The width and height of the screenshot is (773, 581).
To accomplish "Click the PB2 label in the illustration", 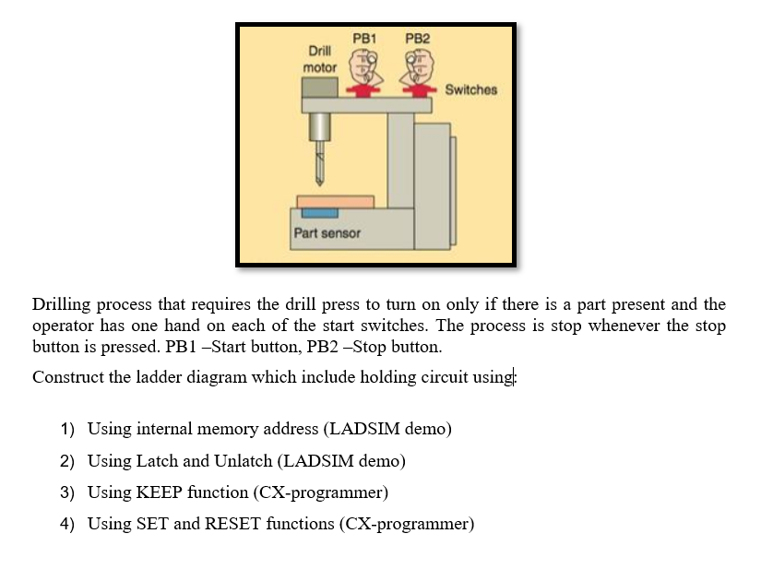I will (x=417, y=39).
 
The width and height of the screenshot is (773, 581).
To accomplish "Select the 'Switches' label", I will (x=470, y=89).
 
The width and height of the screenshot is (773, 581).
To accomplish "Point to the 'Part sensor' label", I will (x=327, y=233).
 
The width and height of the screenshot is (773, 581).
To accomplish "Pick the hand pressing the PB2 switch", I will (x=415, y=68).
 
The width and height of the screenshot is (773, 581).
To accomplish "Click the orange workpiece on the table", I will (x=335, y=201).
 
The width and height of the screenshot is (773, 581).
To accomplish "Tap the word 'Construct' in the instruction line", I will (x=65, y=376).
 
